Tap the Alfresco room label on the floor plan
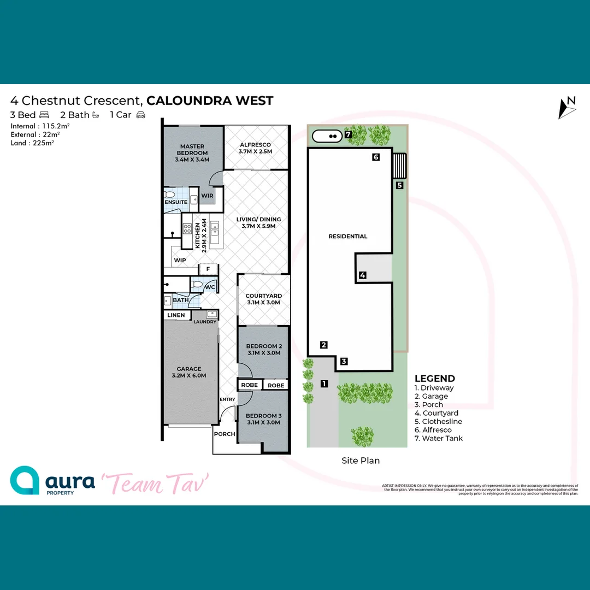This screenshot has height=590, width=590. point(255,148)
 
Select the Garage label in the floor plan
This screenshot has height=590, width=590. point(189,372)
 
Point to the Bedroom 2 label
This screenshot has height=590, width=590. point(263,350)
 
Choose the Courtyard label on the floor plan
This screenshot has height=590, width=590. point(263,299)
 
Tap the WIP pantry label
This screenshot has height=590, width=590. point(180,261)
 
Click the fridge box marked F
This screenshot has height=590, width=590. point(208,269)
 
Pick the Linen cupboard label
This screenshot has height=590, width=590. point(176,316)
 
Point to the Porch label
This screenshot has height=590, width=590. point(225,434)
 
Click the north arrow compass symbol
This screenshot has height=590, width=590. point(568,108)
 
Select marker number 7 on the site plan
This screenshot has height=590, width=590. point(347,134)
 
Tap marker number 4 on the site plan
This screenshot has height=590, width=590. point(362,275)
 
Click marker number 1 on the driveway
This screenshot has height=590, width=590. point(324,383)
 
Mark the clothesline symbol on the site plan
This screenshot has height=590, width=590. point(400,166)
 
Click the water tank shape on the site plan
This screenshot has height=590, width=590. point(327,136)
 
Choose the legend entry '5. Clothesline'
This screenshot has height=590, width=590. point(438,422)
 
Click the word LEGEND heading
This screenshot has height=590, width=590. point(435,379)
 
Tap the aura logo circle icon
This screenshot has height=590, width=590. point(25,481)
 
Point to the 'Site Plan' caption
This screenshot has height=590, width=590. point(361,461)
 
